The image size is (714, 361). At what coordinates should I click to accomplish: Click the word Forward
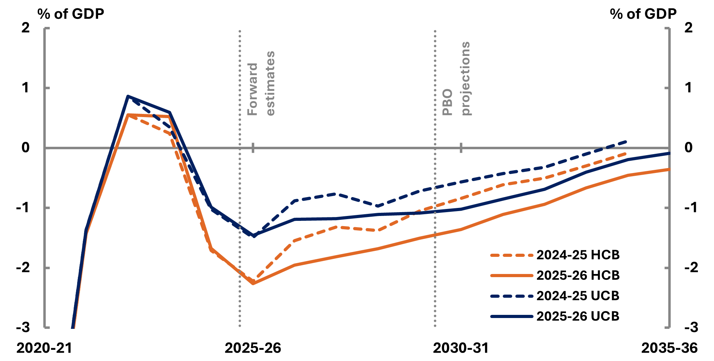pos(252,89)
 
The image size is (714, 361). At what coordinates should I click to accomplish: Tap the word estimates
pos(271,83)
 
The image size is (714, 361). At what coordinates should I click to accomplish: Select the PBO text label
pos(447,102)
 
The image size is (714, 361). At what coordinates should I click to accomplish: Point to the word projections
pos(466,78)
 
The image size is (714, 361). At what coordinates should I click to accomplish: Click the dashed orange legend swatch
pos(511,255)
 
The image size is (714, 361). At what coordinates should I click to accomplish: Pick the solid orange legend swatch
pos(511,276)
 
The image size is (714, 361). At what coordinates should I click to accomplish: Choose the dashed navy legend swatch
pos(511,296)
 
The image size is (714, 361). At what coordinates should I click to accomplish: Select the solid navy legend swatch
pos(511,317)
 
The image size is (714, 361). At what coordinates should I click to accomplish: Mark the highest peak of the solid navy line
pos(128,96)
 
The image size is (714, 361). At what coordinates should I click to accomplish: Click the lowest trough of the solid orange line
pos(253,283)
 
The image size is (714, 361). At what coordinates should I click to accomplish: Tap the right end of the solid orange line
pos(669,169)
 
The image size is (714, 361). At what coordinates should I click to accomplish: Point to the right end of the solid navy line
pos(669,153)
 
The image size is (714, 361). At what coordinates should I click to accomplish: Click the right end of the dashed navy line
pos(627,142)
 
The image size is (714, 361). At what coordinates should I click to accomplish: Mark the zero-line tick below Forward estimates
pos(253,148)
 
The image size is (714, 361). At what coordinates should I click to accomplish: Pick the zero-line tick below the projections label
pos(461,148)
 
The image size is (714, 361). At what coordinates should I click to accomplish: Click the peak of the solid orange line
pos(128,115)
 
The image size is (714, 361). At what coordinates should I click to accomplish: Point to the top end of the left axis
pos(45,28)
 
